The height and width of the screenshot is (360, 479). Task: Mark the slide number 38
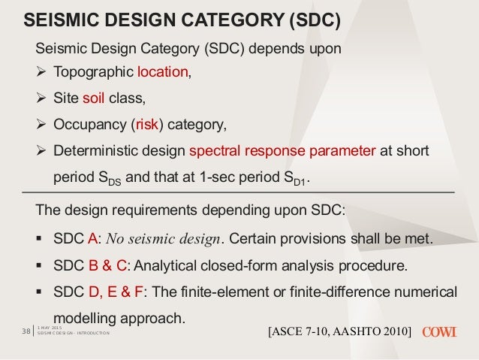(23, 331)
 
